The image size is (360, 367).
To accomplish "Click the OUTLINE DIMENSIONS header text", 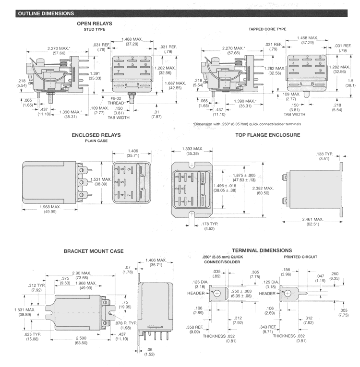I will point(46,13).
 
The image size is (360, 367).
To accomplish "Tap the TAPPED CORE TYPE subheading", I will point(267,29).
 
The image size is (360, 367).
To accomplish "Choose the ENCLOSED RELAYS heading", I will point(96,135).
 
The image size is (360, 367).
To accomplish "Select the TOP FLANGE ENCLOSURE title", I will point(267,135).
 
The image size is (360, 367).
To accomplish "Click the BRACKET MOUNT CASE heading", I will point(94,251).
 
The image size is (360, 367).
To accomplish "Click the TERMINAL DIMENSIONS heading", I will point(262,250).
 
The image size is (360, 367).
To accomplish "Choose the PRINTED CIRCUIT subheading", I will point(303,257).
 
